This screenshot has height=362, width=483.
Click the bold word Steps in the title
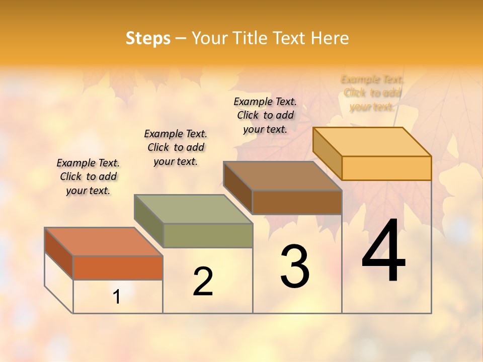tap(148, 38)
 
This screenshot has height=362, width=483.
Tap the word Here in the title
tap(330, 38)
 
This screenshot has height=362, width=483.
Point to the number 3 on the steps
tap(294, 266)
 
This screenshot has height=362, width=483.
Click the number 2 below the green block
tap(203, 282)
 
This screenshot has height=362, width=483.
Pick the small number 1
tap(117, 297)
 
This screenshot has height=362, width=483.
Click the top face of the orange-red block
tap(103, 241)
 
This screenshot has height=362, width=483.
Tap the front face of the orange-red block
tap(118, 267)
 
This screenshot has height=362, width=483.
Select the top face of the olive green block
tap(193, 209)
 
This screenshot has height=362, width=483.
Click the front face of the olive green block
tap(208, 235)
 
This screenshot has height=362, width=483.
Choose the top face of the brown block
tap(282, 176)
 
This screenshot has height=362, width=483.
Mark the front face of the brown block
tap(297, 202)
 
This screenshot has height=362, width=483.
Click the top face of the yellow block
tap(372, 141)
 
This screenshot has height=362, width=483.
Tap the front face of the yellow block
tap(386, 168)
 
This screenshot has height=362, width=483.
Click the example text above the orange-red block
tap(88, 176)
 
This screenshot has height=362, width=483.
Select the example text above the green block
tap(176, 147)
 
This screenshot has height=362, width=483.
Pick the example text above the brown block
tap(265, 115)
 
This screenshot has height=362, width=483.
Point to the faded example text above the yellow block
tap(372, 93)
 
